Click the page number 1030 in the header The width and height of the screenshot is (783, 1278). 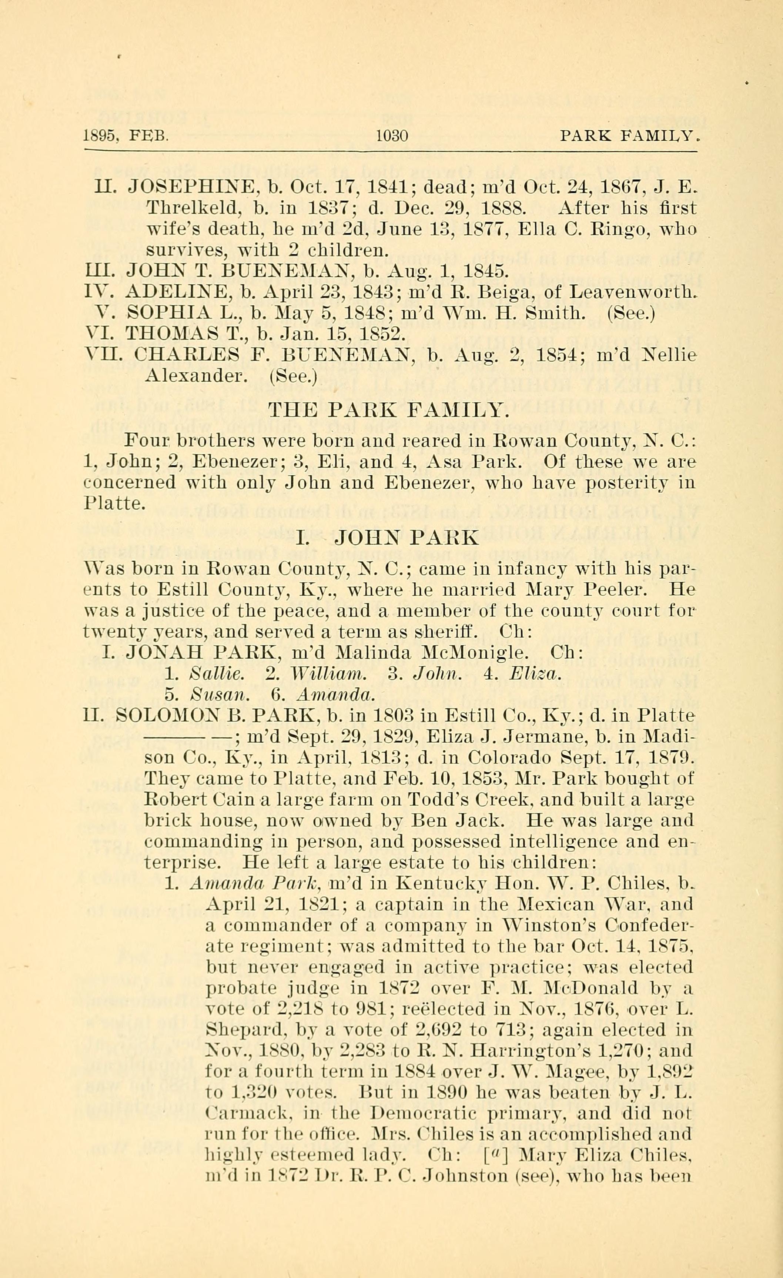pyautogui.click(x=392, y=136)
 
